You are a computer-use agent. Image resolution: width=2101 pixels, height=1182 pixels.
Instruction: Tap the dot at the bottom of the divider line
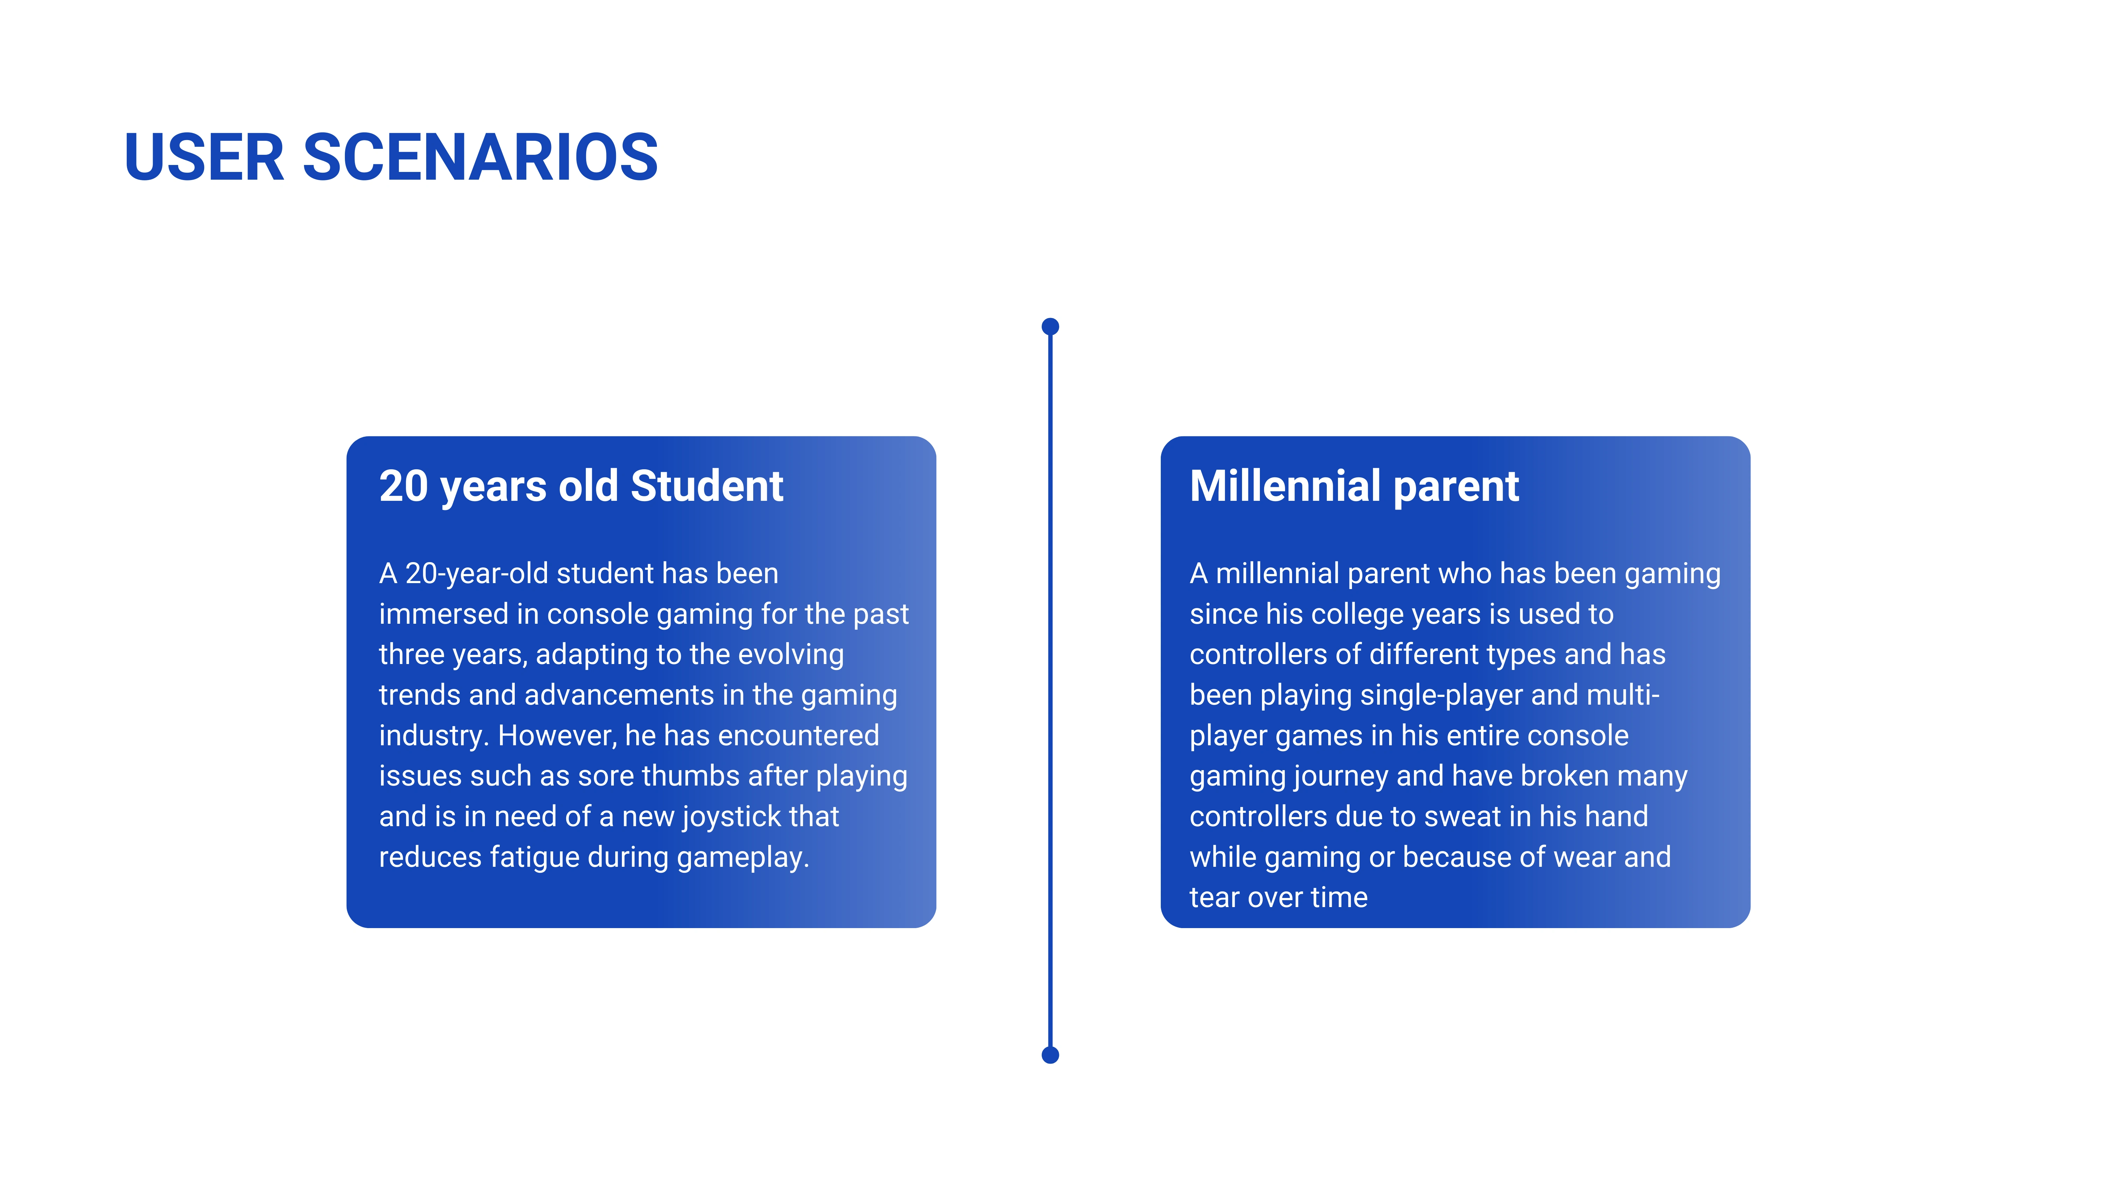(x=1050, y=1055)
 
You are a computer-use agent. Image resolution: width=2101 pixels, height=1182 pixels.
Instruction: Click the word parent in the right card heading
(x=1457, y=490)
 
